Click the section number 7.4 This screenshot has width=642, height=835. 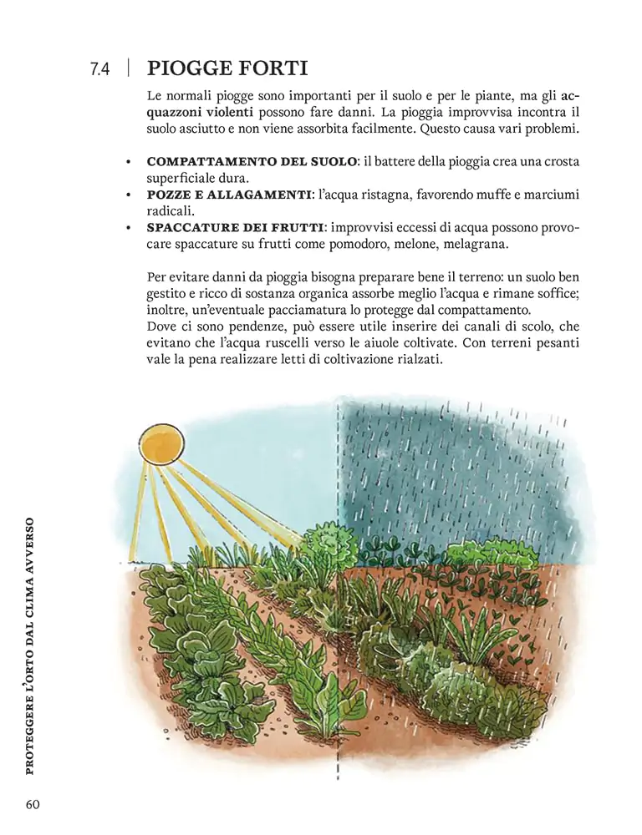(99, 69)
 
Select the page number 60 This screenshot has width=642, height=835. (33, 804)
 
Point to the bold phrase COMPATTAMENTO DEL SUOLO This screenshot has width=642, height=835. (252, 161)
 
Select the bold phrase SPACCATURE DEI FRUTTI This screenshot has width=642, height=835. (235, 227)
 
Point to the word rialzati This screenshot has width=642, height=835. (415, 359)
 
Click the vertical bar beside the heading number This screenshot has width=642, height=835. (128, 68)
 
